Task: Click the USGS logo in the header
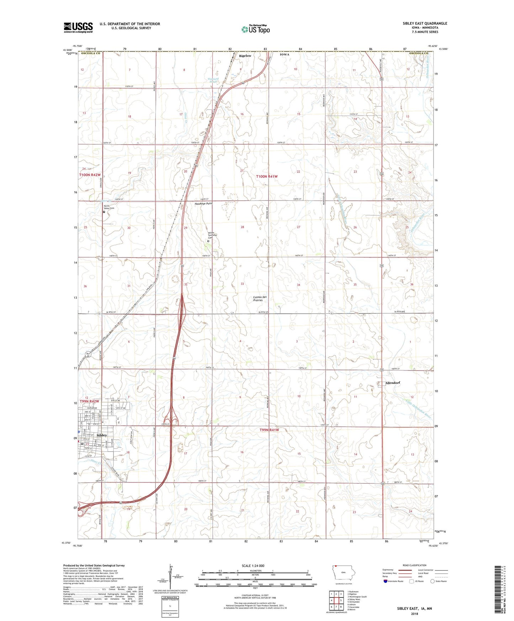[x=78, y=27]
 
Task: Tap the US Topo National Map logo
[x=255, y=29]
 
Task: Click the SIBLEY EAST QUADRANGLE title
[x=425, y=23]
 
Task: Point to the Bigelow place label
[x=245, y=56]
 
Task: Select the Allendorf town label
[x=393, y=383]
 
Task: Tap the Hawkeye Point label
[x=203, y=203]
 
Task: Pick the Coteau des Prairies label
[x=260, y=298]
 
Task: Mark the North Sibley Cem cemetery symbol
[x=104, y=212]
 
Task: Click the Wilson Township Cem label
[x=212, y=235]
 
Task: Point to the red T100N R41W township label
[x=267, y=176]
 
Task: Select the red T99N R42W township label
[x=90, y=401]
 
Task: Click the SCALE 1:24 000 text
[x=253, y=566]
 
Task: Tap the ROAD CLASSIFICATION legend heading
[x=414, y=565]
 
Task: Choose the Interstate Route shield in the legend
[x=386, y=581]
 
